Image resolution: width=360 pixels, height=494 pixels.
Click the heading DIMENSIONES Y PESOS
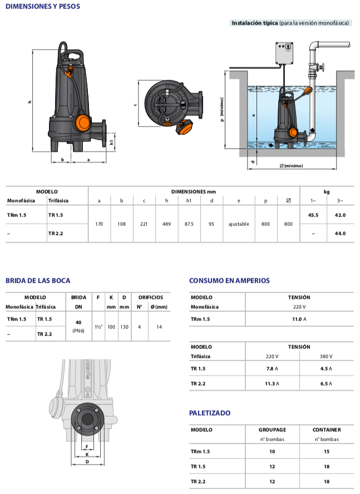(x=42, y=7)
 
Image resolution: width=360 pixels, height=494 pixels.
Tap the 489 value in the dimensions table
(x=166, y=224)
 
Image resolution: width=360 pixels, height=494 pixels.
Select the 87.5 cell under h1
(x=189, y=224)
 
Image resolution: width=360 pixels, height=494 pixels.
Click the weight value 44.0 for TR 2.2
(x=339, y=233)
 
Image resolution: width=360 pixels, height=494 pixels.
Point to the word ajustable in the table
(x=239, y=224)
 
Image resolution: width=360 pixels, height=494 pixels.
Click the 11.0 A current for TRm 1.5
(x=299, y=319)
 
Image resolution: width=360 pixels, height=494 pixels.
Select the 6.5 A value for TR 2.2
(x=326, y=383)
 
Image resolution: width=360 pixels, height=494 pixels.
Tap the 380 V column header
(x=326, y=356)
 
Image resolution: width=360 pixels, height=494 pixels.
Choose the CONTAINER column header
(x=327, y=429)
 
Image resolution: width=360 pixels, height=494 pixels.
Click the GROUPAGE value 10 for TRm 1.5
(x=272, y=452)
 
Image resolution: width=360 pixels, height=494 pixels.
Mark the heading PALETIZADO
(x=210, y=413)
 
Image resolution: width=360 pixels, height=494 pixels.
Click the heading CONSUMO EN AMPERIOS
(x=229, y=281)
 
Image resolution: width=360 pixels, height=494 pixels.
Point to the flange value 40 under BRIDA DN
(x=78, y=322)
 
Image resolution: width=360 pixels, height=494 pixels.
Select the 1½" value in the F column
(x=98, y=327)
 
